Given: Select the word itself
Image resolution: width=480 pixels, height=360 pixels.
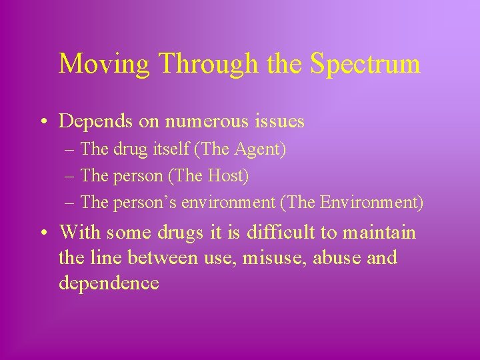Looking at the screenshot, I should click(x=172, y=150).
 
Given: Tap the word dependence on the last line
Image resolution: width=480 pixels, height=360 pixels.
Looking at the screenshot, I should click(x=109, y=283).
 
